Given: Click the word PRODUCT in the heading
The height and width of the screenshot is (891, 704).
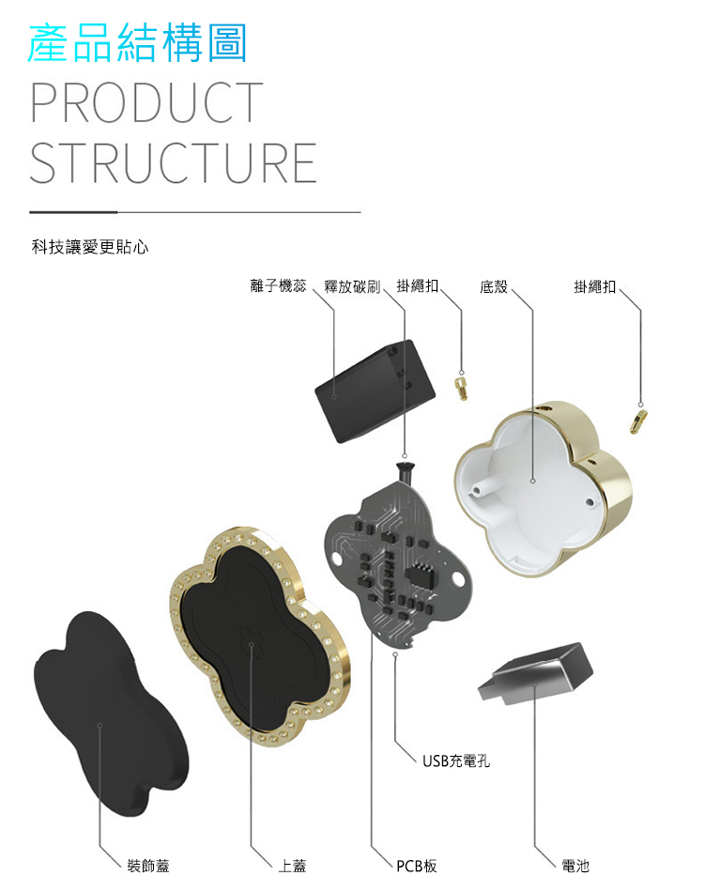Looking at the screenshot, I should tap(146, 103).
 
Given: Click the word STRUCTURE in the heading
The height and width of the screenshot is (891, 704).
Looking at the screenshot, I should tap(173, 162).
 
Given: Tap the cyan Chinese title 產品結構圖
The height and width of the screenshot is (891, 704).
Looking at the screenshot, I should tap(137, 43).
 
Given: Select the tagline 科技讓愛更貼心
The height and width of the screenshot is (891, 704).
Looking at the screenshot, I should tap(90, 247).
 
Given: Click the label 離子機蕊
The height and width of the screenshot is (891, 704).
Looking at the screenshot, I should tap(278, 285).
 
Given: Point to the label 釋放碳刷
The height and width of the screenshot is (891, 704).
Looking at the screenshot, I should tap(352, 285).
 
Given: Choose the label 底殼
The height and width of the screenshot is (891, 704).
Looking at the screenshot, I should tap(494, 285).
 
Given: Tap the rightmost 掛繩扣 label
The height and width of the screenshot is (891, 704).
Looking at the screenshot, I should tap(595, 285).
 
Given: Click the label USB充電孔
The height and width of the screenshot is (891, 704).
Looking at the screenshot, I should tap(455, 760).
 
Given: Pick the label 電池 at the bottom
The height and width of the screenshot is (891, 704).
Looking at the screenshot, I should tap(575, 865).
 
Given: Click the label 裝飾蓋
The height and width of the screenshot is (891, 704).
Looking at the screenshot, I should tap(149, 865).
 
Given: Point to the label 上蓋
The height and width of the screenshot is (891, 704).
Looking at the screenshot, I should tap(292, 865).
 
